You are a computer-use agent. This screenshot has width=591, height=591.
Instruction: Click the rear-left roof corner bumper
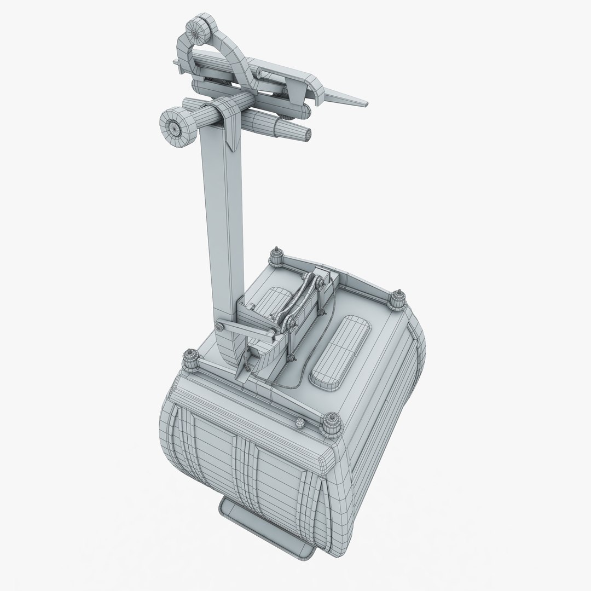pos(276,255)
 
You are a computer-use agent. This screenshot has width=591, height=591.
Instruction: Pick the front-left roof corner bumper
pos(192,359)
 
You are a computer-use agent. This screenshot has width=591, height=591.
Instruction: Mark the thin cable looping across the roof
pos(306,378)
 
